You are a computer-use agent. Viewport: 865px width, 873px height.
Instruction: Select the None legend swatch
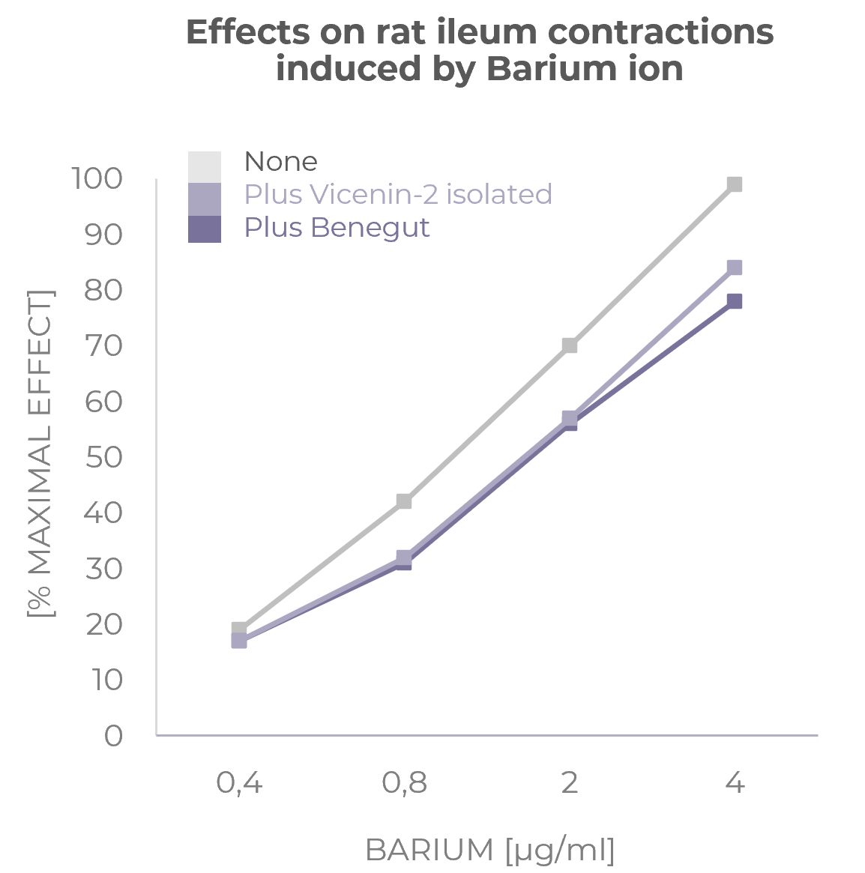204,166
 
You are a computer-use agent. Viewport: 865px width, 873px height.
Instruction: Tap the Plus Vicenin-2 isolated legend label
398,194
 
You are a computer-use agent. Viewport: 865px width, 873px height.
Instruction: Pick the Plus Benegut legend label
337,227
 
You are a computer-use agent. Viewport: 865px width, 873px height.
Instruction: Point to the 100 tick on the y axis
96,179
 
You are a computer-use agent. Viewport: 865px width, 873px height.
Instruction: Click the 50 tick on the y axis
103,457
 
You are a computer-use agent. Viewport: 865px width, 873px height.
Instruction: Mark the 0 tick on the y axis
113,736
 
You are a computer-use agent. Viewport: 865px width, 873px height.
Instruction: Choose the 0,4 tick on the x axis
239,783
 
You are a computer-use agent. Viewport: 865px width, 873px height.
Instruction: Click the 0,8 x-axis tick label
404,783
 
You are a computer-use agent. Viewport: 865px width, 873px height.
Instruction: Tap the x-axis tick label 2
570,783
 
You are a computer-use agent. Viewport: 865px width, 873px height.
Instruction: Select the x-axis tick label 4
735,783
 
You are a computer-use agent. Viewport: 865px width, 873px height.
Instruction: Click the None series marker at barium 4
735,184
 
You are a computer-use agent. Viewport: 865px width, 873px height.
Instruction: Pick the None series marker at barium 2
570,345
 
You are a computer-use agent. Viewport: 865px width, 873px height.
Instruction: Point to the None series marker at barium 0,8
404,501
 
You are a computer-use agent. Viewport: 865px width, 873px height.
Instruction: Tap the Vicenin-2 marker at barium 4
735,268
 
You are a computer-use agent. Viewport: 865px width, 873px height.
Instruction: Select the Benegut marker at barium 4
735,301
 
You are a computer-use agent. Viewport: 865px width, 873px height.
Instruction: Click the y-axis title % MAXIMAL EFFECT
40,453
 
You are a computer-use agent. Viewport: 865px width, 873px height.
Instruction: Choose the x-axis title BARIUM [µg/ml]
489,851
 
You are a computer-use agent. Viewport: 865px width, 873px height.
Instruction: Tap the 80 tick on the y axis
103,290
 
